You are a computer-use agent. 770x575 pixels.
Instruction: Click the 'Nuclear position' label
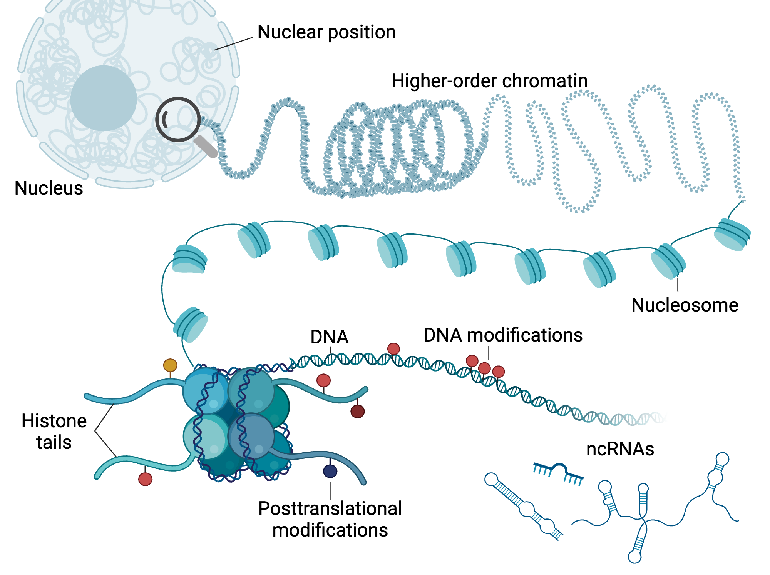326,32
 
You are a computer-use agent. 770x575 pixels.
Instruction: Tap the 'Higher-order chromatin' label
489,81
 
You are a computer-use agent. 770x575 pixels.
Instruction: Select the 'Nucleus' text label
49,188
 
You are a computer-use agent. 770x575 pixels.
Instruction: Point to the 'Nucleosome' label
685,305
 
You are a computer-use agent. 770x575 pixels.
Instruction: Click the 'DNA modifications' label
503,335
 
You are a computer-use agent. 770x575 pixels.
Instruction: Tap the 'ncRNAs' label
620,449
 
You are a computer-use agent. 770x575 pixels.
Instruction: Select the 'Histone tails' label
54,432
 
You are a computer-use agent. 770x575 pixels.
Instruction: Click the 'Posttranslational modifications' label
330,519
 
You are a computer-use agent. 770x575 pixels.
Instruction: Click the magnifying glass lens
177,119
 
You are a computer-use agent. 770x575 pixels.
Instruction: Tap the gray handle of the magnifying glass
206,146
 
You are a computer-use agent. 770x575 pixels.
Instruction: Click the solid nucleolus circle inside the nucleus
104,98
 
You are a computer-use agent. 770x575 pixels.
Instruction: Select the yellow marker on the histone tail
170,365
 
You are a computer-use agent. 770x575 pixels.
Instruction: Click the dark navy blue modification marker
330,471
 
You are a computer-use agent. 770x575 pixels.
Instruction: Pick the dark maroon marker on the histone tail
357,411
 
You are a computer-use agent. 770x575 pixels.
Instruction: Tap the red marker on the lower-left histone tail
145,479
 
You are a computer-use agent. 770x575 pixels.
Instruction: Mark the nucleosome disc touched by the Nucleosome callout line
668,262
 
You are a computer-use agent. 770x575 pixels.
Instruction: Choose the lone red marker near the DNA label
393,349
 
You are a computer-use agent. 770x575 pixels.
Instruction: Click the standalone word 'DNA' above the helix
330,337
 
